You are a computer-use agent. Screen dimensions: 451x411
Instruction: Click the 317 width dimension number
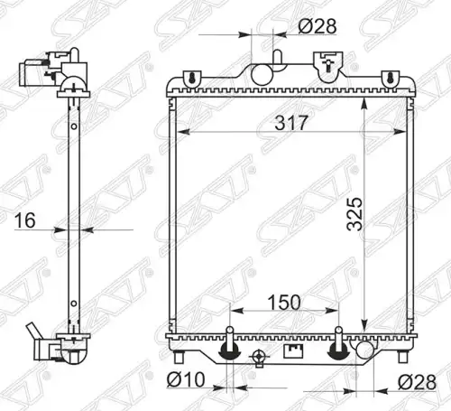291,123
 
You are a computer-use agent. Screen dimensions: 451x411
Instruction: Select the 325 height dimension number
354,214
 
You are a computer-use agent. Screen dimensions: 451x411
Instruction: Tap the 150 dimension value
284,303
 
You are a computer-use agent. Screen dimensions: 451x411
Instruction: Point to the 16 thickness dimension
25,220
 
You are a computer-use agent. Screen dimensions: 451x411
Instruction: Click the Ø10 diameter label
186,379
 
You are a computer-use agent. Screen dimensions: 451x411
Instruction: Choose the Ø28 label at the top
318,26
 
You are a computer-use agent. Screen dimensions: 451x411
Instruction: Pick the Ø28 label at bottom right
417,382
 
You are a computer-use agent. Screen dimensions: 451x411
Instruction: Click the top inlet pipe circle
262,74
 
